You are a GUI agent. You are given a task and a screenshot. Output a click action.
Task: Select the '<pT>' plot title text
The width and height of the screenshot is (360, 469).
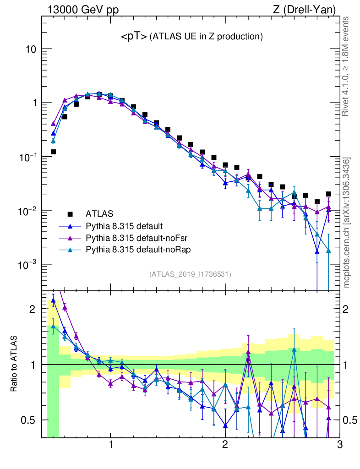click(134, 37)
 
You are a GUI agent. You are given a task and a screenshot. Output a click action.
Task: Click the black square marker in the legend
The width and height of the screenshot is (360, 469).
click(70, 213)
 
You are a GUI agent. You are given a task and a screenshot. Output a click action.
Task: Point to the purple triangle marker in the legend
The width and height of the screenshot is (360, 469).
click(70, 238)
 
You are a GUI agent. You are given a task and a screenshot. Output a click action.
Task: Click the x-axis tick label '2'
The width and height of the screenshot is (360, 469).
click(225, 445)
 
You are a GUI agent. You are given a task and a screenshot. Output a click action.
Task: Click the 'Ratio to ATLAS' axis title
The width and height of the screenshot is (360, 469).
click(15, 364)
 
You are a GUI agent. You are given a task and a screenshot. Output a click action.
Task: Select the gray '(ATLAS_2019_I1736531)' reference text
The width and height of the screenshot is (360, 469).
click(190, 274)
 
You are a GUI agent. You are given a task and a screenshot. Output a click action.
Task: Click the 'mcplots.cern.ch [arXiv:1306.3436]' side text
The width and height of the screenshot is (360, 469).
click(347, 223)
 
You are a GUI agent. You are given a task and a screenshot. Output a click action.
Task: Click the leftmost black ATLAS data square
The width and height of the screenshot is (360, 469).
click(53, 152)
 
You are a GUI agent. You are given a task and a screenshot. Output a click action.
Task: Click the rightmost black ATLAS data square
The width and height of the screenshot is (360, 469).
click(328, 194)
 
